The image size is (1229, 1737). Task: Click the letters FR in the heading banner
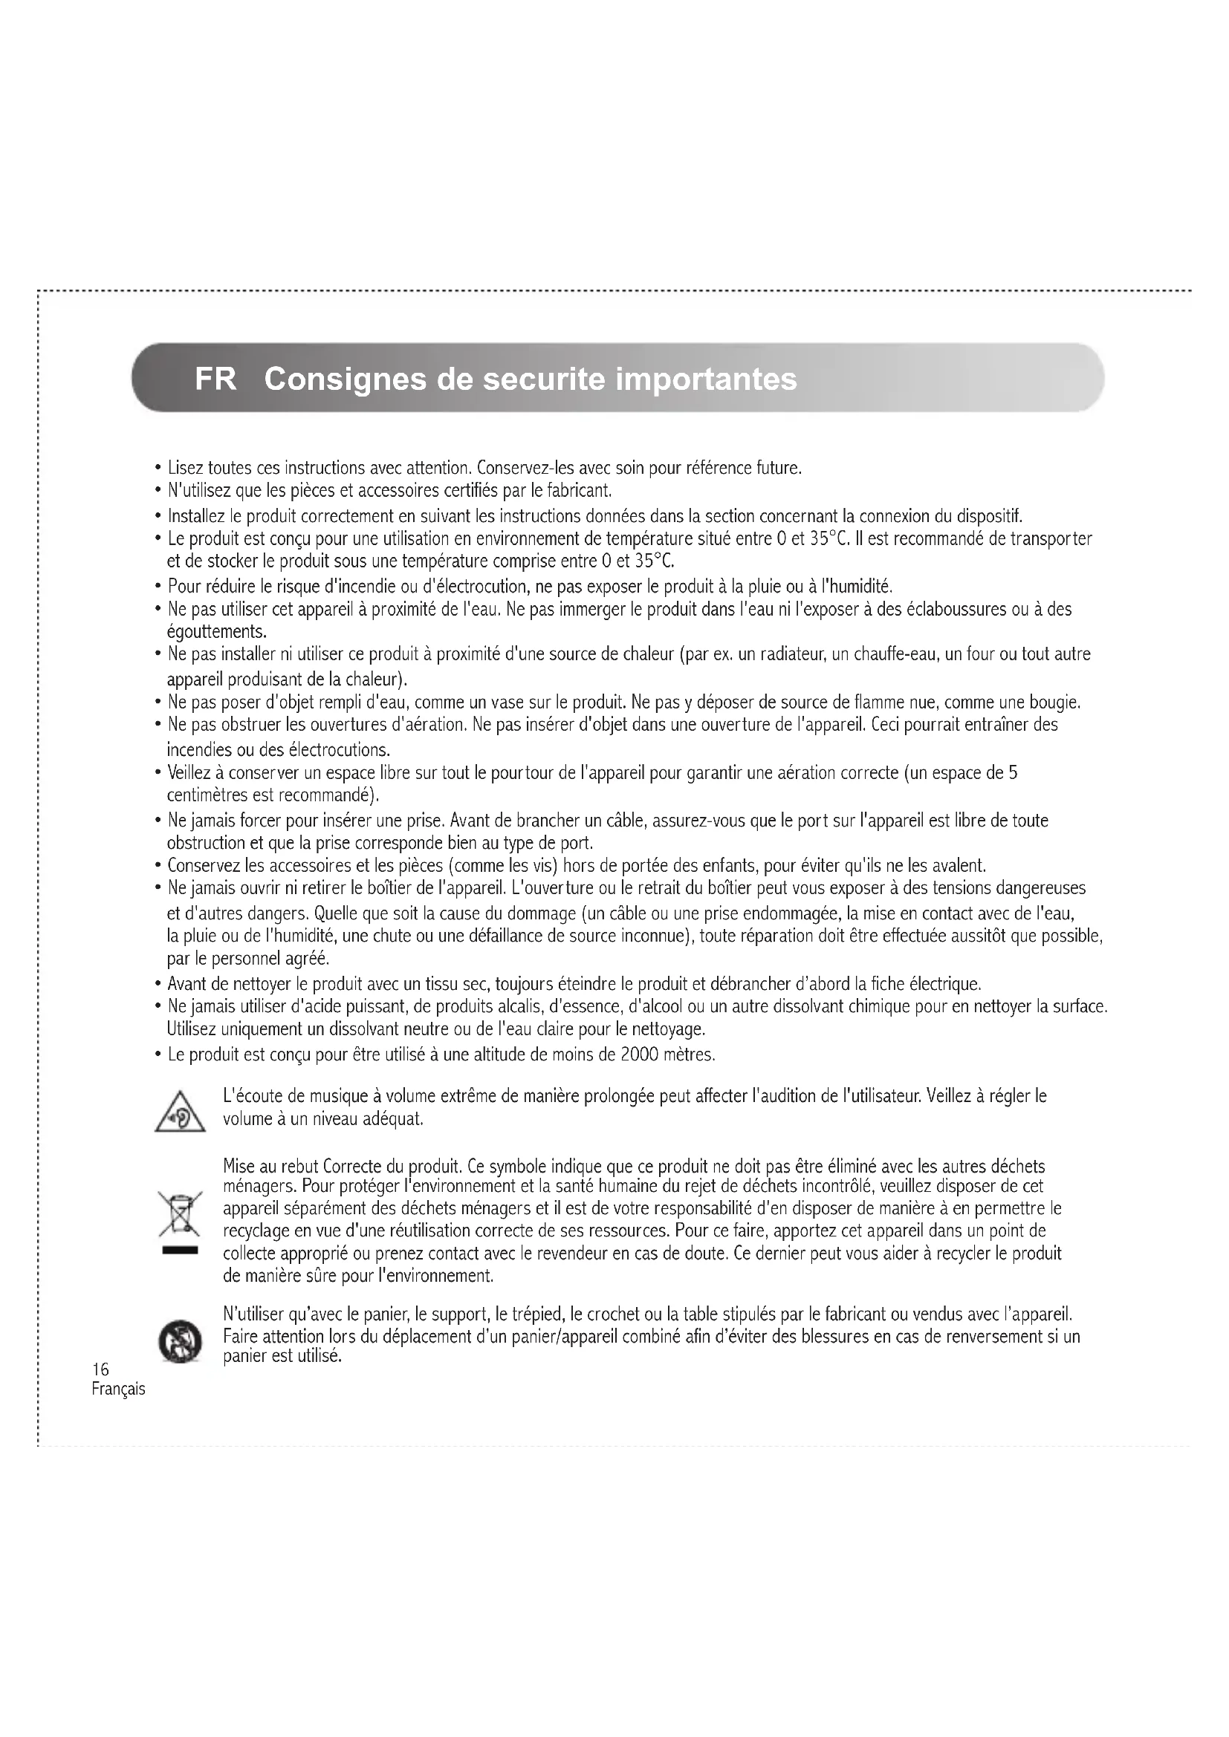[x=215, y=379]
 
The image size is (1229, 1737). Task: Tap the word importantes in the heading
[x=706, y=379]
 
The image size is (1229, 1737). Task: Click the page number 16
[x=100, y=1369]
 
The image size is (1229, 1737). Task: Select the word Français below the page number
[x=118, y=1389]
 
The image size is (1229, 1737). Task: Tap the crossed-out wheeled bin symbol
[x=180, y=1214]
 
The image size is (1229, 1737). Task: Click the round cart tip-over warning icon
[x=180, y=1342]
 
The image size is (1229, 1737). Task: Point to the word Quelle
[x=334, y=913]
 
